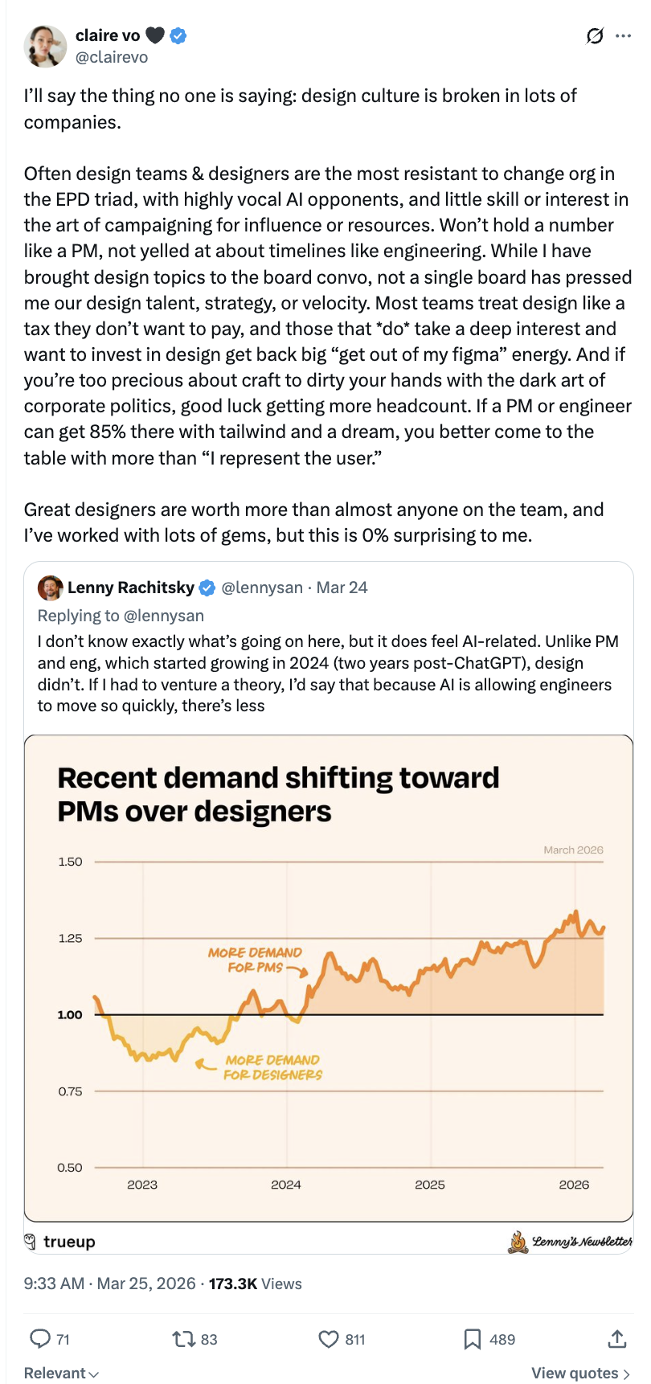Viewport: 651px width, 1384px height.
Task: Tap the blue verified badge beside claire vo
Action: click(178, 35)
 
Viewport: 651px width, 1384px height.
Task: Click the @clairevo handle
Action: click(112, 58)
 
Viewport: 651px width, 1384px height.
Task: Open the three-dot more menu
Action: click(623, 36)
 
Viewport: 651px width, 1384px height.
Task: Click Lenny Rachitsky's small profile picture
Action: click(50, 588)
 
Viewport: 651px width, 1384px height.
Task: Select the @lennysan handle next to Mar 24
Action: click(262, 588)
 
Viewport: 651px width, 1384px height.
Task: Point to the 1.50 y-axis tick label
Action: click(70, 862)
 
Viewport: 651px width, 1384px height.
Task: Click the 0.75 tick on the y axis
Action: click(70, 1091)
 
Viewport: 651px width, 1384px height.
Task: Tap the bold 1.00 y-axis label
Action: click(70, 1015)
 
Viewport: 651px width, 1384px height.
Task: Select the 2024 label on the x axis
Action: click(286, 1185)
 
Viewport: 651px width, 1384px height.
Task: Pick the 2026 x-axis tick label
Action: click(574, 1185)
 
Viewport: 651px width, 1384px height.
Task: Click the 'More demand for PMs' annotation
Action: click(255, 960)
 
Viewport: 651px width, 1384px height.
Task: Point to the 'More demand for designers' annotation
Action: click(272, 1067)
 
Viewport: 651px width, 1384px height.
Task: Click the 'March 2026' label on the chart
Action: click(573, 850)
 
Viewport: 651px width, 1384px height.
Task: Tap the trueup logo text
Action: click(69, 1242)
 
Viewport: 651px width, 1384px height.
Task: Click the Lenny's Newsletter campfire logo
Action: click(518, 1243)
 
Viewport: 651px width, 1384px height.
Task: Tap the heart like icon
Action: click(328, 1339)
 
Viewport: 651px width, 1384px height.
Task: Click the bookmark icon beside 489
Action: click(473, 1339)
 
